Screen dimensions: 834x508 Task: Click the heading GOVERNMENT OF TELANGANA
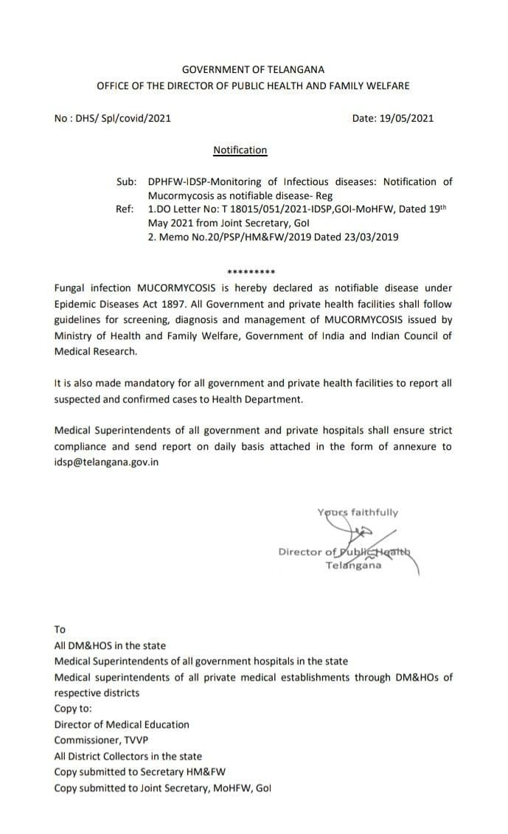(253, 69)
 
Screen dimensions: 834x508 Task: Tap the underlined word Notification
(240, 150)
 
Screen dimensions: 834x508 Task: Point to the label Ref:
(126, 209)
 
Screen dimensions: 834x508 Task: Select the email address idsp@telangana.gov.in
(106, 462)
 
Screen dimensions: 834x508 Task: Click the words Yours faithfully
(358, 512)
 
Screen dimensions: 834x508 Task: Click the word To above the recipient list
(60, 630)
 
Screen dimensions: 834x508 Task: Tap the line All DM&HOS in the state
(110, 645)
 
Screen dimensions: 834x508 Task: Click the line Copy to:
(74, 709)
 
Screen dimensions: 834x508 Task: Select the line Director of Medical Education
(122, 724)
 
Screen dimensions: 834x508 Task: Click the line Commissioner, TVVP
(99, 740)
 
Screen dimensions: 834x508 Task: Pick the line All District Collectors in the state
(128, 756)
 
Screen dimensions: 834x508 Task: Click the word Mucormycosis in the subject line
(181, 195)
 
